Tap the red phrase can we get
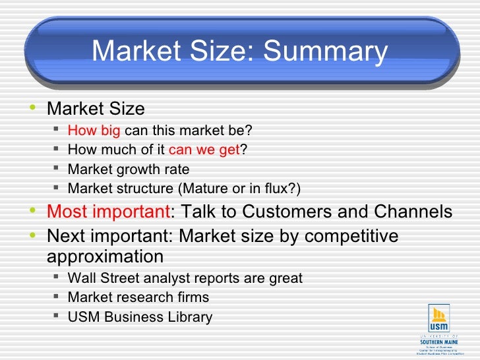pos(204,149)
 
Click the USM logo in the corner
pos(438,323)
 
